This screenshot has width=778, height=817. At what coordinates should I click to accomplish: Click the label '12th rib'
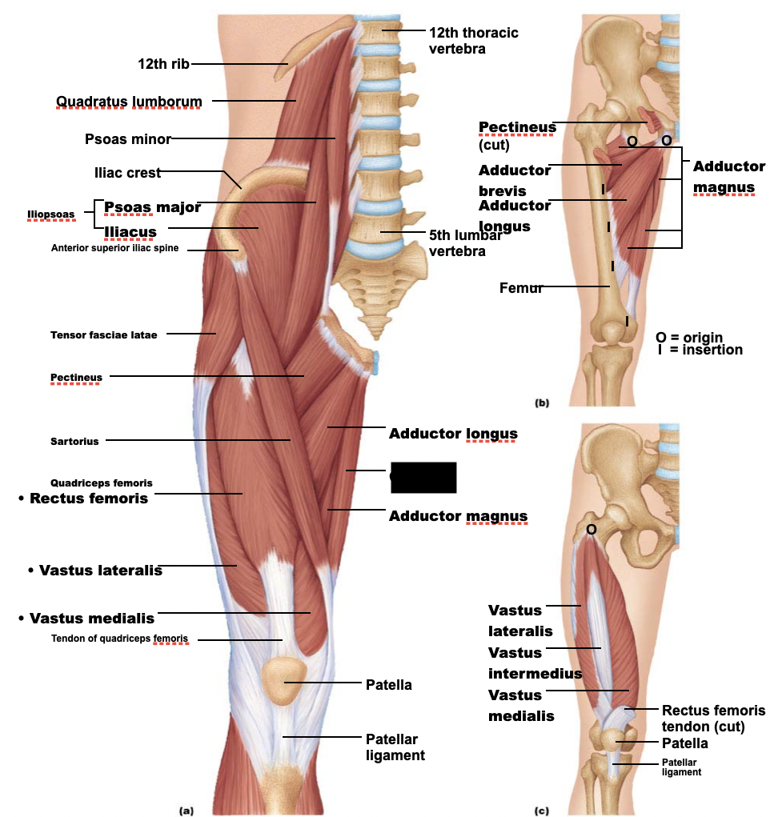pos(163,64)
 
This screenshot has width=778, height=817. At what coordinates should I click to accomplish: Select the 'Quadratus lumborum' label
pos(129,101)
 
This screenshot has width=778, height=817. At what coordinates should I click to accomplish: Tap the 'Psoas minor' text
pos(128,139)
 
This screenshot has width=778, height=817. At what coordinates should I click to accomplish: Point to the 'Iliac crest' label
pos(126,172)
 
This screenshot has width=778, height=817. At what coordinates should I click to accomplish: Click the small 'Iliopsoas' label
pos(50,214)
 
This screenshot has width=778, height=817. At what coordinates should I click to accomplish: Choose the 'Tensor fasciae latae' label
pos(103,334)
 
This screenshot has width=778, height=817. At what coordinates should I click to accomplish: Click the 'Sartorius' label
pos(74,441)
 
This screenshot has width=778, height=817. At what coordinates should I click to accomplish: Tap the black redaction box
pos(423,477)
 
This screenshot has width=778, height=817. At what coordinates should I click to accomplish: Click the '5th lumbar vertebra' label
pos(465,242)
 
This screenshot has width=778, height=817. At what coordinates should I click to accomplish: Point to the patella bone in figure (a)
pos(284,681)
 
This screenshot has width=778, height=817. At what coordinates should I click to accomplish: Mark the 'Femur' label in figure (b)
pos(521,287)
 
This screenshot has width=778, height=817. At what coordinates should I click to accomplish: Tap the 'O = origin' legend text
pos(688,337)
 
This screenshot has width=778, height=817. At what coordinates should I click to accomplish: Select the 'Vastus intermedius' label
pos(535,663)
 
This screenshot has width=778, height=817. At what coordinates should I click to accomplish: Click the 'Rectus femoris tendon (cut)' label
pos(713,719)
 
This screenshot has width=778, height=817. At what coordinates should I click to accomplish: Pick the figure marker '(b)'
pos(543,402)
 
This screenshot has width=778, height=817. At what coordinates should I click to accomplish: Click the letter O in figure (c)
pos(591,529)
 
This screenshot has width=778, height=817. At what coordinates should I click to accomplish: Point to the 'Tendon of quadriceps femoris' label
pos(119,639)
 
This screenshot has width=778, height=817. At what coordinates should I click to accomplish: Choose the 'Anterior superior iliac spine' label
pos(114,248)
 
